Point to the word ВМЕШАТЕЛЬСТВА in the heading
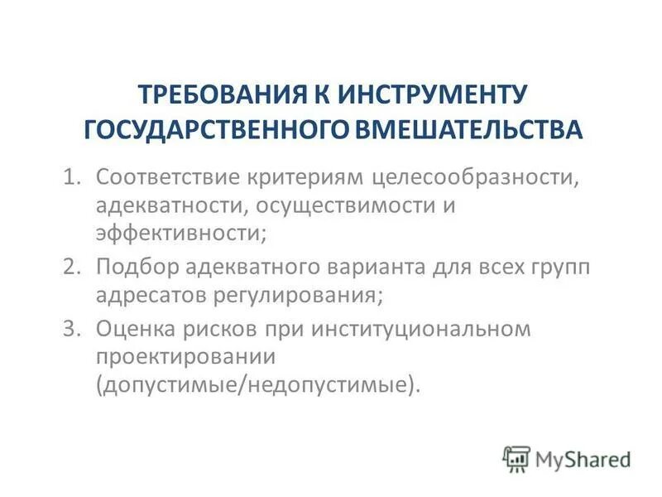[469, 130]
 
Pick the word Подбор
[137, 269]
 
